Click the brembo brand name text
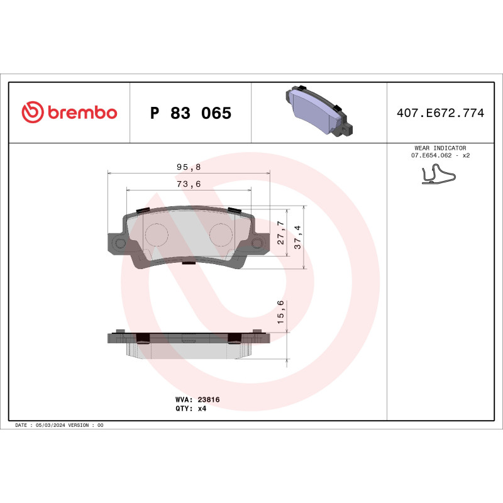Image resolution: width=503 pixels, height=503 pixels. (81, 113)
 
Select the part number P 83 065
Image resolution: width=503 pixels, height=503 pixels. (191, 113)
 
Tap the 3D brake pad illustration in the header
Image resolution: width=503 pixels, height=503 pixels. (318, 111)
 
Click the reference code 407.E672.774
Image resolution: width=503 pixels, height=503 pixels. (440, 113)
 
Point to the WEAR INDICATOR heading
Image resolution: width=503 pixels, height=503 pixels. (440, 148)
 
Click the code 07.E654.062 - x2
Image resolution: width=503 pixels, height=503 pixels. (440, 155)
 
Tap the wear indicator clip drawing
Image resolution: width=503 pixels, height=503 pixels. (439, 175)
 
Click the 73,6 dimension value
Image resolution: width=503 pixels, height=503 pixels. (188, 184)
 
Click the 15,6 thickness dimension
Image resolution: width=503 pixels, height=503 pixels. (281, 312)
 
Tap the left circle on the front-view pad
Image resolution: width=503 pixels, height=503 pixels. (157, 235)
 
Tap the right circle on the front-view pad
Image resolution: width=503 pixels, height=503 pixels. (221, 235)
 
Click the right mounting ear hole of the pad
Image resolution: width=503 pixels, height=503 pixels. (257, 243)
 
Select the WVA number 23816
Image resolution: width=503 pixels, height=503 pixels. (208, 399)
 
